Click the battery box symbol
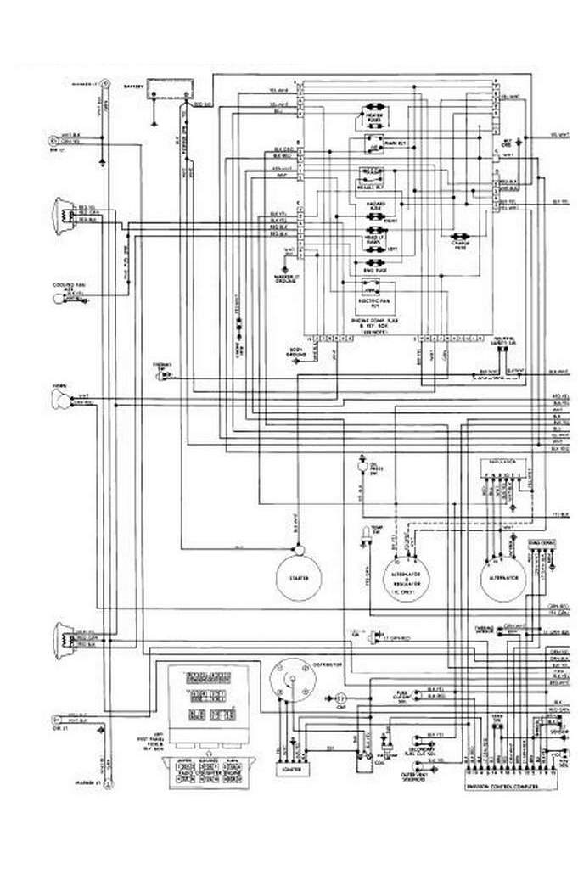click(x=168, y=88)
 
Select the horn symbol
click(x=62, y=399)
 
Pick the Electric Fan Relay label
click(x=374, y=302)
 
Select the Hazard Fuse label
click(x=374, y=206)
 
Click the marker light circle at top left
click(x=106, y=85)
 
